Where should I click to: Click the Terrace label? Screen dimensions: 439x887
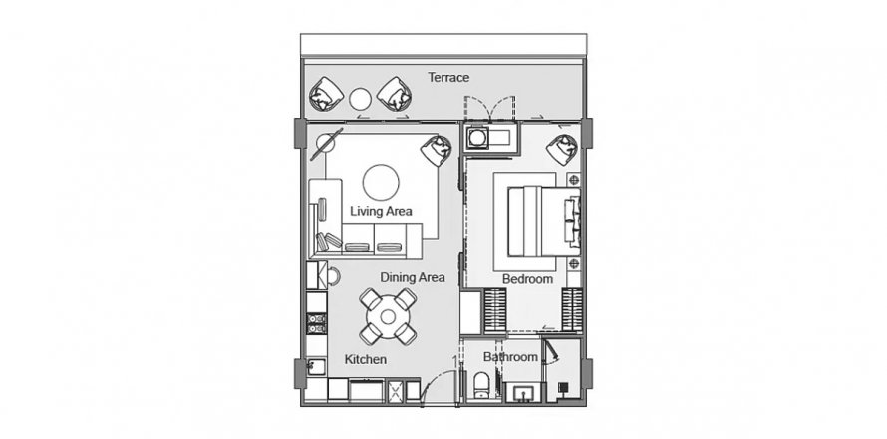(x=448, y=77)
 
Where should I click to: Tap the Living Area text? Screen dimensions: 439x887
(x=381, y=211)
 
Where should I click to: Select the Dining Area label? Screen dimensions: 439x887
(x=412, y=277)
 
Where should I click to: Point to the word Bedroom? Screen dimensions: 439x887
(x=527, y=279)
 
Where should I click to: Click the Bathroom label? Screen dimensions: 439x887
(x=510, y=356)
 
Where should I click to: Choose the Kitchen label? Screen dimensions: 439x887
(x=366, y=359)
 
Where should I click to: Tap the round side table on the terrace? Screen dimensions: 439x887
(x=360, y=98)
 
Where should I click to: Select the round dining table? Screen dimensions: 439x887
(x=388, y=316)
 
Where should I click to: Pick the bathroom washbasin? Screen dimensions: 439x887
(x=520, y=390)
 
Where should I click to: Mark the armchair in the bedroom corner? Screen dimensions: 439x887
(x=561, y=149)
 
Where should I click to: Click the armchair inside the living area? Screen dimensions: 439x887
(x=435, y=151)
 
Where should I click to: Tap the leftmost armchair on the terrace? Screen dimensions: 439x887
(x=327, y=95)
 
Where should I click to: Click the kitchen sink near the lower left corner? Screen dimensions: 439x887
(x=316, y=366)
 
